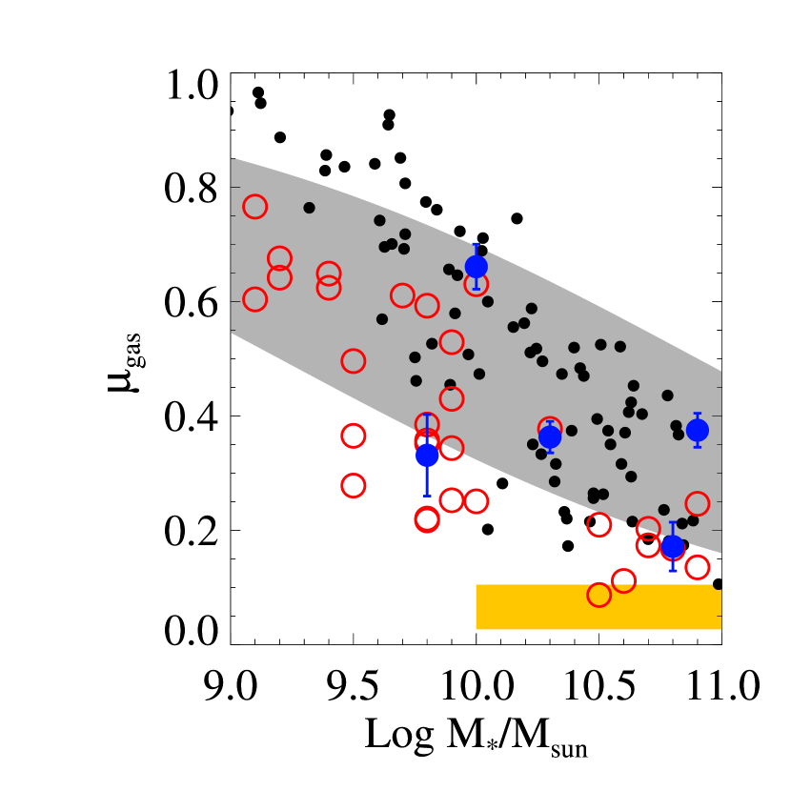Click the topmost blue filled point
[x=476, y=267]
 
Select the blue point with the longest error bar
[x=427, y=455]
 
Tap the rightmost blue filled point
[x=697, y=430]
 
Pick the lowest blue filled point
[x=672, y=547]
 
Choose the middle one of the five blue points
[x=550, y=436]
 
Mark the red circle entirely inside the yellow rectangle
[x=598, y=595]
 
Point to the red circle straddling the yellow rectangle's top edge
[x=623, y=580]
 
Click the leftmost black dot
[x=309, y=208]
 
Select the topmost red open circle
[x=254, y=207]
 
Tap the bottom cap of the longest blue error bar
[x=427, y=496]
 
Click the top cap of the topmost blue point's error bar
[x=476, y=244]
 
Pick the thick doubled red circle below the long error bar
[x=427, y=519]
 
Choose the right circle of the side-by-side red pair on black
[x=477, y=500]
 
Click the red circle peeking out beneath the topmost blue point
[x=477, y=284]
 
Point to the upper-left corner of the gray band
[x=232, y=158]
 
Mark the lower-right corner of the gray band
[x=720, y=553]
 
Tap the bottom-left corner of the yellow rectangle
[x=477, y=629]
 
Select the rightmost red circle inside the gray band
[x=697, y=503]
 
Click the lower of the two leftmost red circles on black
[x=353, y=485]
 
